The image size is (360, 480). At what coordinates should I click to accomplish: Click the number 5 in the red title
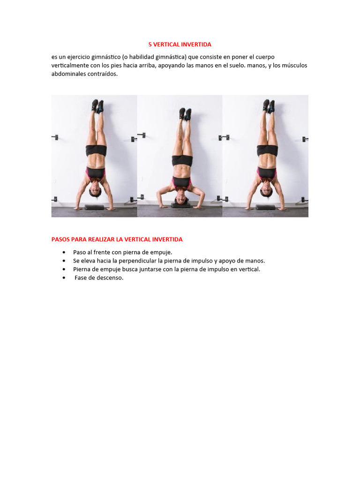click(150, 45)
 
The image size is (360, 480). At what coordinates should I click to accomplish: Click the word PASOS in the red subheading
click(60, 239)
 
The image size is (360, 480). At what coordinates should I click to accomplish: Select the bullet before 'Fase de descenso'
click(64, 278)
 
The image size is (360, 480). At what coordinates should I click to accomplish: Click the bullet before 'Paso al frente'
click(64, 252)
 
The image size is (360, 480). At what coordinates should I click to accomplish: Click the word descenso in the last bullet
click(110, 278)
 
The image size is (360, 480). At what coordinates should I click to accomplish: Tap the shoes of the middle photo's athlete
click(185, 114)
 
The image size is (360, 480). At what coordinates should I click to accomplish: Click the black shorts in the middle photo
click(182, 160)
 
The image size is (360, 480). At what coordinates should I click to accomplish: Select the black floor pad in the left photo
click(94, 207)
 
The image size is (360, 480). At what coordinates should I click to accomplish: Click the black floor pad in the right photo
click(265, 207)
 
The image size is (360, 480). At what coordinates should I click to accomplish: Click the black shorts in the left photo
click(96, 150)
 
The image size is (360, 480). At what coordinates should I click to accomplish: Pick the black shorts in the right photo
click(267, 150)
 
